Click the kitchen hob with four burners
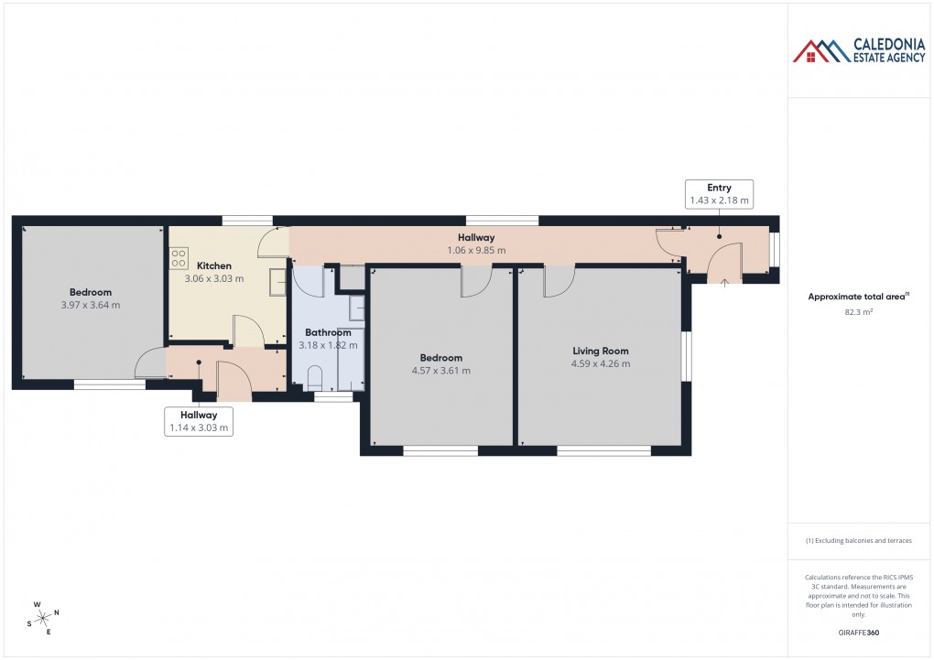click(178, 258)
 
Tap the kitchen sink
click(277, 283)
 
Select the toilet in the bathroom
click(315, 377)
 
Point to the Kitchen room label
click(214, 265)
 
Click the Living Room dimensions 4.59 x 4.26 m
click(601, 363)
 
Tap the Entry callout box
click(719, 193)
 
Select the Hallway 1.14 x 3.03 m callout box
click(199, 421)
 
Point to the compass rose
click(44, 618)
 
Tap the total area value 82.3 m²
click(858, 312)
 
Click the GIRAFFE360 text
click(859, 632)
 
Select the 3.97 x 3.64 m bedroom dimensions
click(90, 305)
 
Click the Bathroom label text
click(328, 332)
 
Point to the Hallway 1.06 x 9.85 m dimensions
click(476, 250)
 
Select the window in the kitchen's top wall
click(247, 220)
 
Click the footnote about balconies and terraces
click(859, 541)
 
